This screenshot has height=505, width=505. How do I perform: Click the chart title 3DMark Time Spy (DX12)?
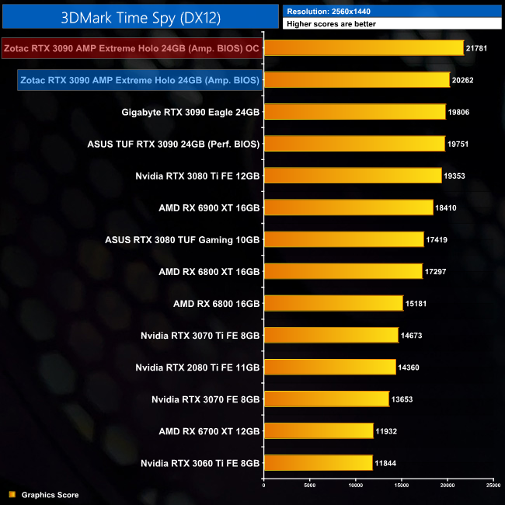tap(139, 17)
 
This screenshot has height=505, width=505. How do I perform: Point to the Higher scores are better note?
tap(393, 24)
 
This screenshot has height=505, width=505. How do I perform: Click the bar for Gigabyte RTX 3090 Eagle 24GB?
tap(355, 112)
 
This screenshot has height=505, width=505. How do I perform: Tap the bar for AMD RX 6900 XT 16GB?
tap(349, 207)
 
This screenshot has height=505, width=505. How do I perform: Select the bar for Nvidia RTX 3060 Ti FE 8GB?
tap(319, 462)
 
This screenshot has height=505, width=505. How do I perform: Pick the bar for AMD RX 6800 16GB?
tap(333, 303)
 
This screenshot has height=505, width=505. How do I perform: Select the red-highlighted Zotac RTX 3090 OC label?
tap(132, 49)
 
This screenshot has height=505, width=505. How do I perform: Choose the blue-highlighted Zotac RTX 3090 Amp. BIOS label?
tap(139, 80)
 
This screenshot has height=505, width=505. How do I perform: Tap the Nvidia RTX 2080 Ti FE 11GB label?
tap(197, 367)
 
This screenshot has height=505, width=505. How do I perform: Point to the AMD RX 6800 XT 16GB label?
tap(209, 271)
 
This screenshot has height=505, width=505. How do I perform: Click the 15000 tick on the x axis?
tap(402, 486)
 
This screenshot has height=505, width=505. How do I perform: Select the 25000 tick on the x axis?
tap(493, 486)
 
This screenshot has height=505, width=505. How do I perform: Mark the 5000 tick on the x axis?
tap(310, 486)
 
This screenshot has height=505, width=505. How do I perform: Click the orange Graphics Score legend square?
tap(12, 494)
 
